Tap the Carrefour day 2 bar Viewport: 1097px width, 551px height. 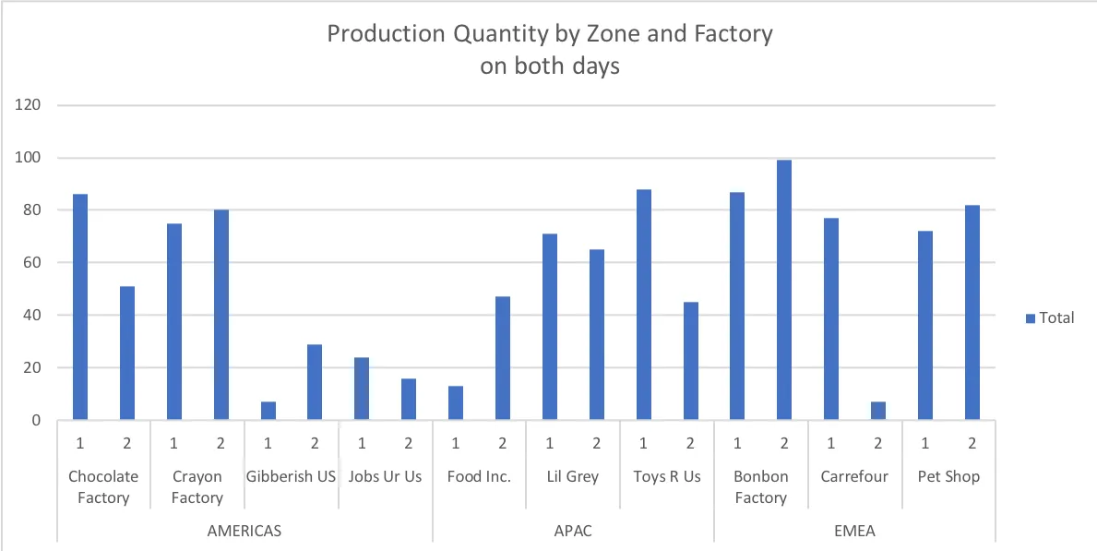(x=878, y=411)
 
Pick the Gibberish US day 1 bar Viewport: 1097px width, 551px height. (x=268, y=411)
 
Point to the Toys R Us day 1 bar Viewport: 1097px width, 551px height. (x=644, y=305)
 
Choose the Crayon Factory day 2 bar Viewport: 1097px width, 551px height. (x=221, y=315)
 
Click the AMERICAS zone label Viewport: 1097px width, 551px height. (x=244, y=531)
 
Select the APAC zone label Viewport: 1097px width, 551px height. (x=573, y=531)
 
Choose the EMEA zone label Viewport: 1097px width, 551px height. (x=854, y=531)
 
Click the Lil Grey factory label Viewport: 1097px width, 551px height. (x=573, y=476)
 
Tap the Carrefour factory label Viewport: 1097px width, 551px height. (x=854, y=476)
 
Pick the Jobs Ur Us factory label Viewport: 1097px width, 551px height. (x=385, y=476)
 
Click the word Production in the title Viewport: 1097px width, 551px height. (x=382, y=35)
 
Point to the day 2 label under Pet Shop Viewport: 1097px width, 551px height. (x=972, y=444)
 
